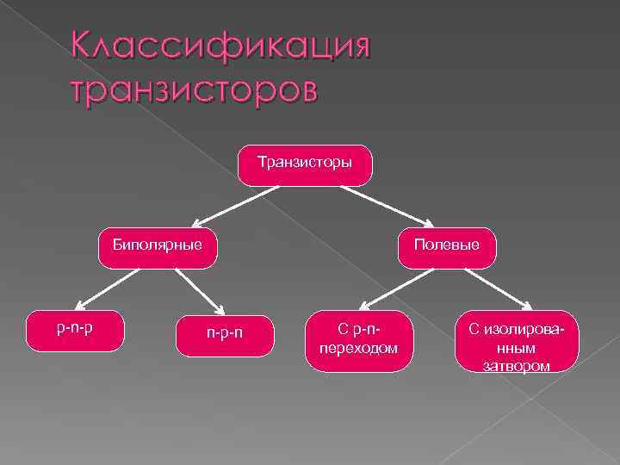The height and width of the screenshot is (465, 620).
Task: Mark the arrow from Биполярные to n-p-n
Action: (199, 290)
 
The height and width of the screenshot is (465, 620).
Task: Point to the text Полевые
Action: (446, 245)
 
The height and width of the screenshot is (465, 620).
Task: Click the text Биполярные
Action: (157, 245)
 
